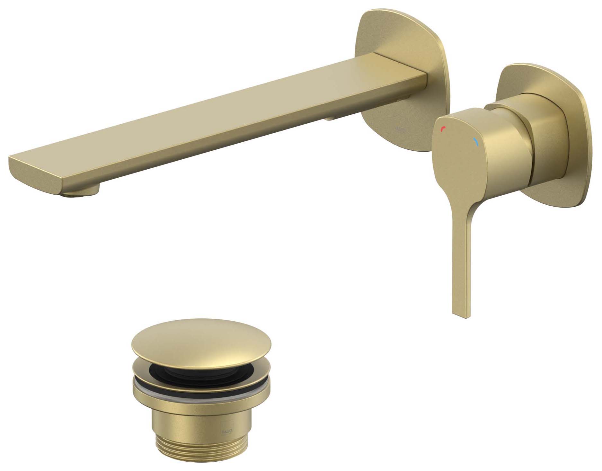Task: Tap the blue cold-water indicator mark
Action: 475,141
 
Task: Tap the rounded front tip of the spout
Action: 35,173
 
